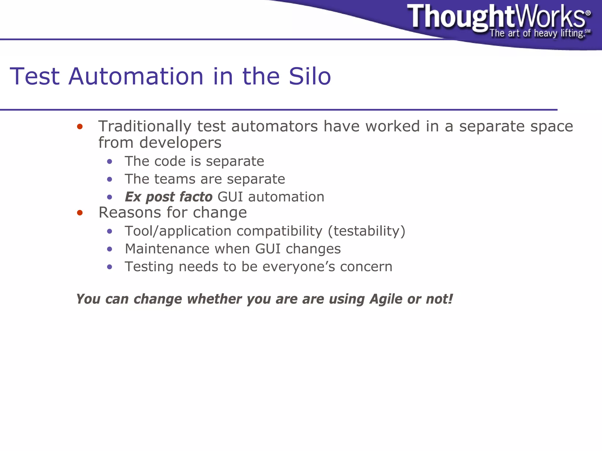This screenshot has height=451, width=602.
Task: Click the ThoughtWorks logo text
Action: (x=497, y=17)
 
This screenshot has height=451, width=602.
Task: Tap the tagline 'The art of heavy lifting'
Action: (x=536, y=33)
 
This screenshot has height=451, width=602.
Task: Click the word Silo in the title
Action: (x=310, y=76)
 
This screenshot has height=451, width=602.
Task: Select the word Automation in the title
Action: (x=136, y=76)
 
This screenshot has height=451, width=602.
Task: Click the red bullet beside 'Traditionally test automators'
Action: (x=80, y=127)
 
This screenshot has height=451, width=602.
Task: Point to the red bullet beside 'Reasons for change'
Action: (x=80, y=213)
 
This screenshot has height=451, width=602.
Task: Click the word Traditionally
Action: (x=145, y=126)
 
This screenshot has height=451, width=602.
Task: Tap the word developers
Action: (x=180, y=143)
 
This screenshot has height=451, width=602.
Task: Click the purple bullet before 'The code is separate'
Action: (x=110, y=161)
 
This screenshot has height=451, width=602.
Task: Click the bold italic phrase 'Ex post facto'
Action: (x=168, y=197)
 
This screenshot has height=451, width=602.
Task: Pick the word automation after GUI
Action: (x=286, y=197)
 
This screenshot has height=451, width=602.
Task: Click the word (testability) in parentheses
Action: (x=367, y=231)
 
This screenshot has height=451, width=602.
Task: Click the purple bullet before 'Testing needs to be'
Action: (x=110, y=267)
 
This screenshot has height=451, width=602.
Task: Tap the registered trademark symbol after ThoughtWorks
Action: (x=588, y=13)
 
